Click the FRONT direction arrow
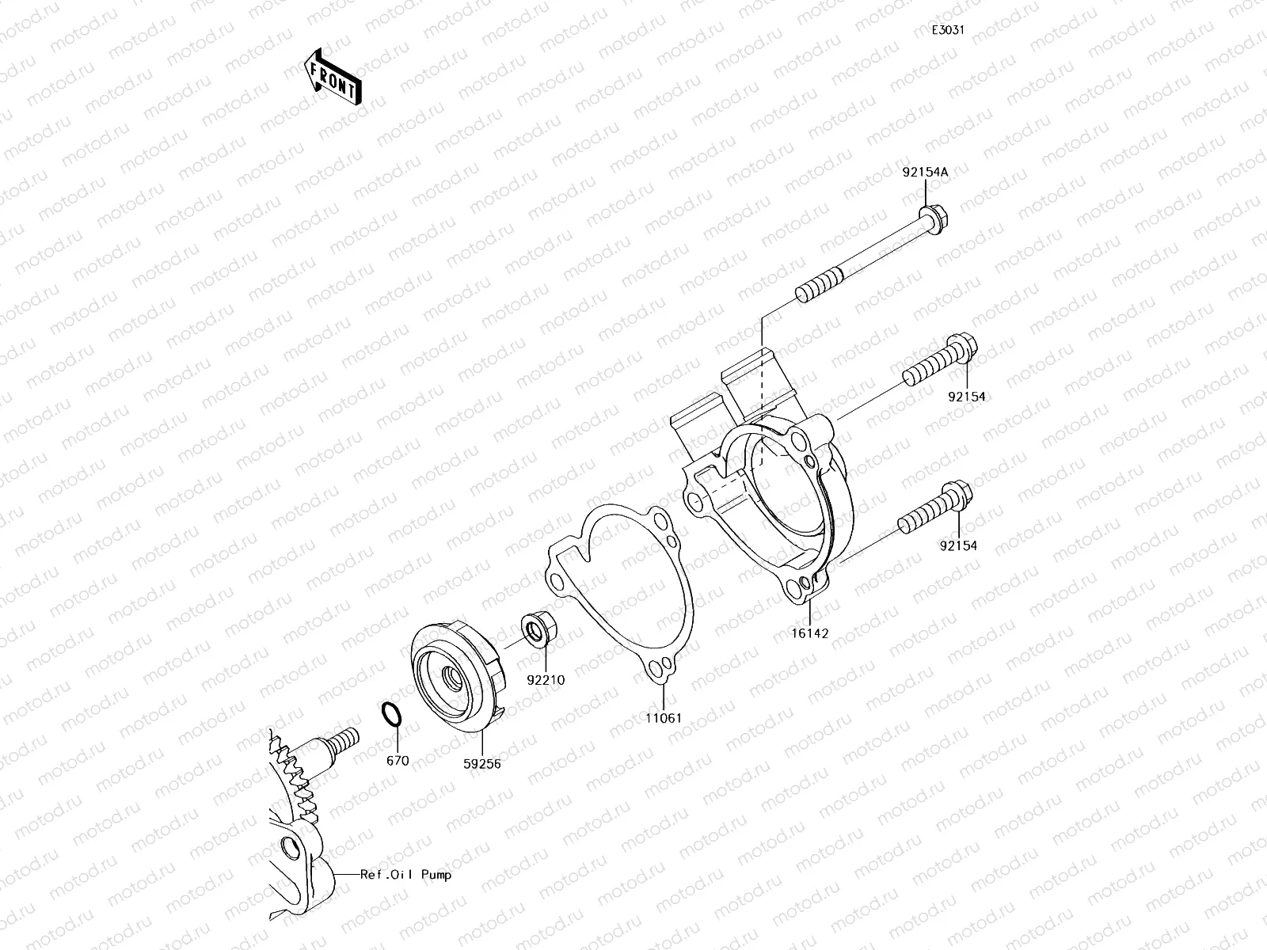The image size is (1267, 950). pyautogui.click(x=333, y=77)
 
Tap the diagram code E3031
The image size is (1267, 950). pyautogui.click(x=947, y=30)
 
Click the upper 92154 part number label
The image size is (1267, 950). pyautogui.click(x=966, y=397)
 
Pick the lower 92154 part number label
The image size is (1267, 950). pyautogui.click(x=958, y=545)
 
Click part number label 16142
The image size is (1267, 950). pyautogui.click(x=809, y=633)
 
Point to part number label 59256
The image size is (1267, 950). pyautogui.click(x=482, y=763)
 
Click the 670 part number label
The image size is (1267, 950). pyautogui.click(x=398, y=761)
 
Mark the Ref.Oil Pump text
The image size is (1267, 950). pyautogui.click(x=405, y=875)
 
